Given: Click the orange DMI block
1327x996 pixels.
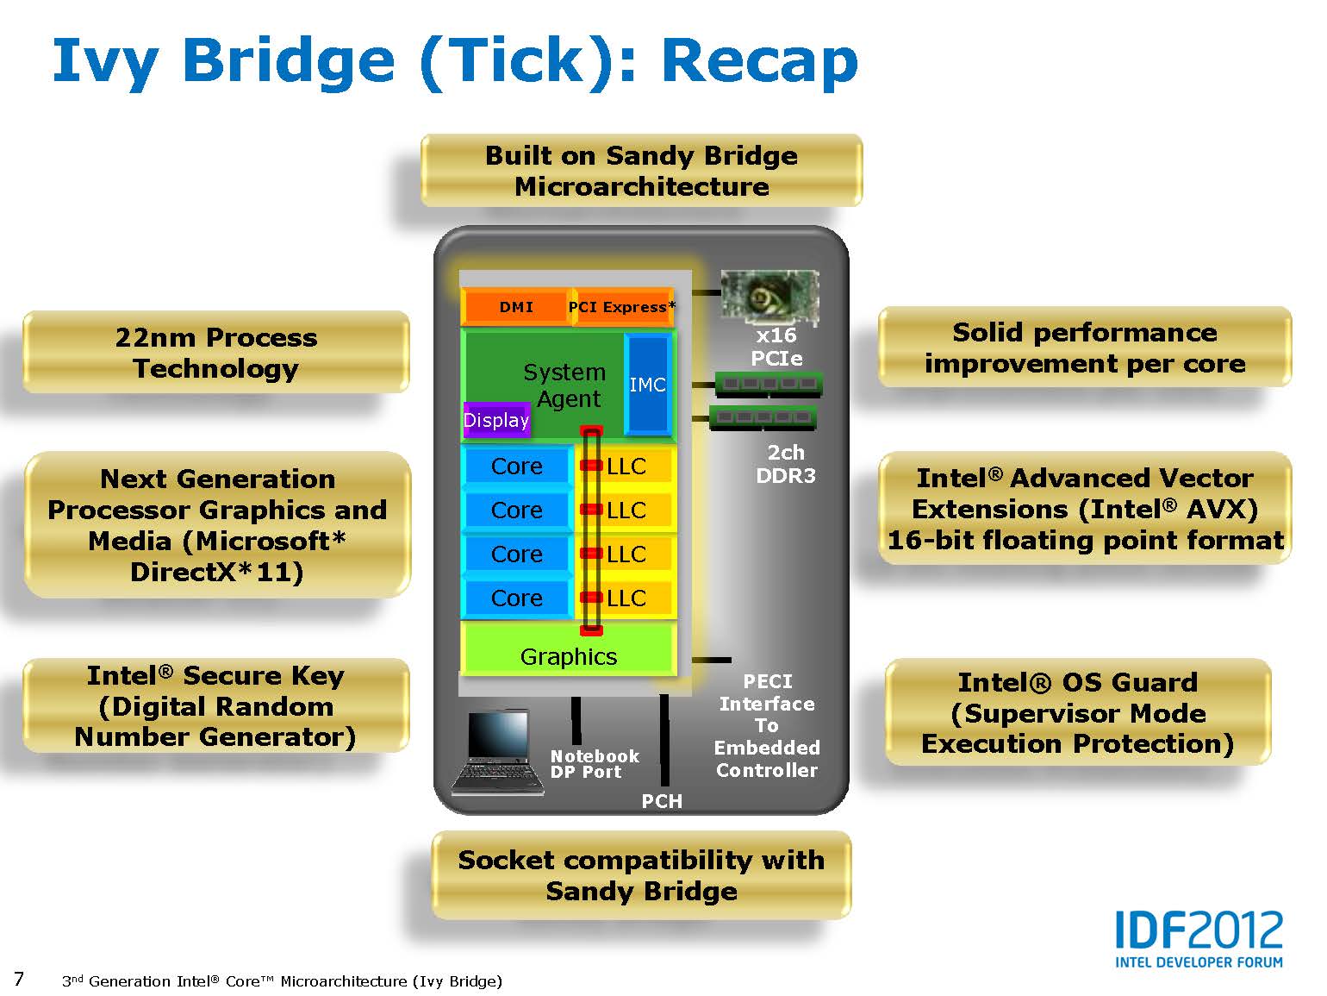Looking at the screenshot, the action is pyautogui.click(x=515, y=307).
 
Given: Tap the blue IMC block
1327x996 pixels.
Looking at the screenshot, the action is pyautogui.click(x=647, y=385).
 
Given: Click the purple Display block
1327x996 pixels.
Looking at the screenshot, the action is pyautogui.click(x=496, y=420).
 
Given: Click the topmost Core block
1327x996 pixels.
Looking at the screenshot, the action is pyautogui.click(x=517, y=467).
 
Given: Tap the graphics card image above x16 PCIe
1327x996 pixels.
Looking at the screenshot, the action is pyautogui.click(x=769, y=298).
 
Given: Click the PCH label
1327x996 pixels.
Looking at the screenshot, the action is pyautogui.click(x=662, y=800).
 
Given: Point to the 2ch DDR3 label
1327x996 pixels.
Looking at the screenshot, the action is pyautogui.click(x=785, y=464).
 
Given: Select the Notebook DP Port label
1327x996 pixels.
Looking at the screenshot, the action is pyautogui.click(x=595, y=763).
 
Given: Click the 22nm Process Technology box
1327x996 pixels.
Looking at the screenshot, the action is pyautogui.click(x=215, y=353).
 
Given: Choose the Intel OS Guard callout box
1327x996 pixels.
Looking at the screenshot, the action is pyautogui.click(x=1077, y=712).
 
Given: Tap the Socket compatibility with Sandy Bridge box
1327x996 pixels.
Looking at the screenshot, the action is pyautogui.click(x=641, y=875).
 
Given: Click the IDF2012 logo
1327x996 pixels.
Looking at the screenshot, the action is pyautogui.click(x=1199, y=938).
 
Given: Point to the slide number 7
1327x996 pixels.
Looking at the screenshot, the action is pyautogui.click(x=19, y=979).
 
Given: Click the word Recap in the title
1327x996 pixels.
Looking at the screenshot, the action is pyautogui.click(x=760, y=62).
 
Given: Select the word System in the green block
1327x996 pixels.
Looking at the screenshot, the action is pyautogui.click(x=564, y=372).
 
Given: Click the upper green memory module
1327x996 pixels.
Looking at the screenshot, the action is pyautogui.click(x=769, y=384).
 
